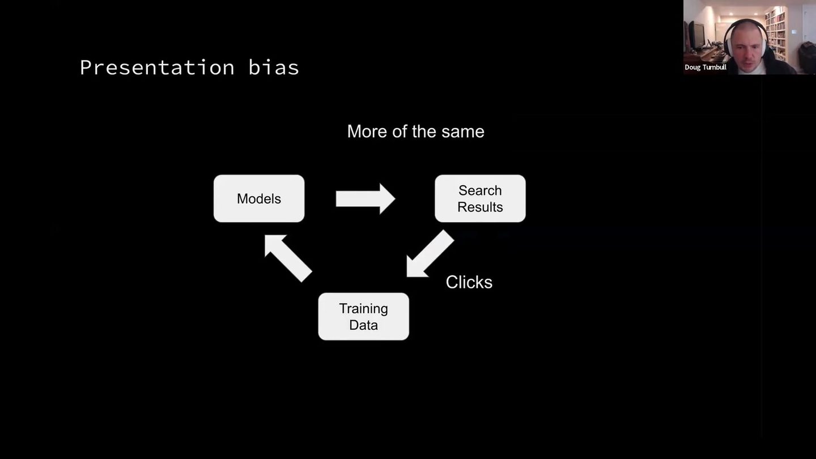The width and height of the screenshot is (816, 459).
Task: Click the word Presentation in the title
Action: click(x=158, y=68)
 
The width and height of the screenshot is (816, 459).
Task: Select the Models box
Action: click(x=259, y=198)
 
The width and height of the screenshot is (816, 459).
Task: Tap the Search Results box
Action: click(x=480, y=198)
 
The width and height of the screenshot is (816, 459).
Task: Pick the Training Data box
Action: click(x=364, y=317)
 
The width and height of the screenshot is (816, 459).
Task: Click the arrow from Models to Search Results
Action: click(x=365, y=199)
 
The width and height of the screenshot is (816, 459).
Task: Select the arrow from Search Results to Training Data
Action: click(x=430, y=253)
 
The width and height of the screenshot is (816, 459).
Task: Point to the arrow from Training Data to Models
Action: click(x=288, y=258)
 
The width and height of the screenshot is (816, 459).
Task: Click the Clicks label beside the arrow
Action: click(x=469, y=282)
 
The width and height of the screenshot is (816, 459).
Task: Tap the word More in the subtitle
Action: click(x=367, y=131)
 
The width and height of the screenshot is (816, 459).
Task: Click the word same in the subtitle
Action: click(x=463, y=131)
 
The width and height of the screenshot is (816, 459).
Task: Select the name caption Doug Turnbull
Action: click(x=705, y=67)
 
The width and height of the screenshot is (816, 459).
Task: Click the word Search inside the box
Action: click(x=480, y=190)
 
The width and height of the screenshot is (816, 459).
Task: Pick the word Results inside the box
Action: click(x=480, y=207)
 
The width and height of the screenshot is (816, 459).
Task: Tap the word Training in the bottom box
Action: click(x=364, y=309)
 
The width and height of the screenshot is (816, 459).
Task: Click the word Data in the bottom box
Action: click(x=364, y=325)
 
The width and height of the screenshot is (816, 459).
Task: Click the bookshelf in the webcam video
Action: click(x=776, y=32)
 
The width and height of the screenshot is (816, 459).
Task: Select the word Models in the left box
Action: click(x=259, y=199)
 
